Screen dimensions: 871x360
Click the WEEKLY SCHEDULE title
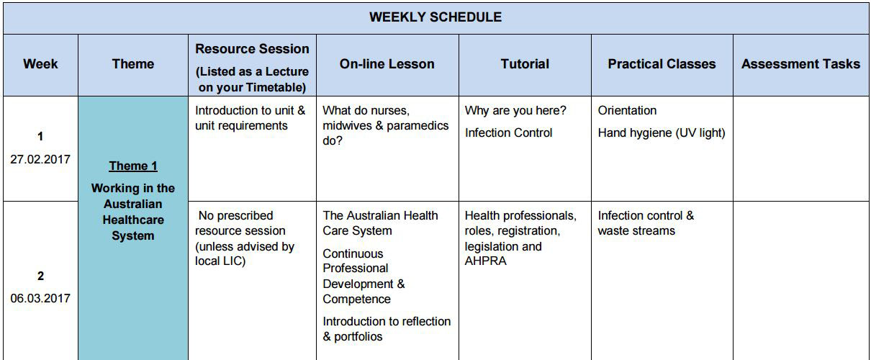tap(435, 17)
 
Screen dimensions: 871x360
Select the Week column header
tap(40, 64)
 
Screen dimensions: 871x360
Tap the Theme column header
tap(133, 64)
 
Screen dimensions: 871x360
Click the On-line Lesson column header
tap(387, 64)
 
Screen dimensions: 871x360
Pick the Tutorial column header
tap(525, 64)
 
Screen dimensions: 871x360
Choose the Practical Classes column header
tap(662, 64)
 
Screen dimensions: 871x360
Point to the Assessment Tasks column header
tap(800, 64)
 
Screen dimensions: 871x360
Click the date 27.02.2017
tap(40, 159)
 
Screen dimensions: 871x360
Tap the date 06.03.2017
tap(40, 299)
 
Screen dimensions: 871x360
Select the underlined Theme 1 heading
tap(133, 166)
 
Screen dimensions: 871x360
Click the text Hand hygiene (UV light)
tap(662, 133)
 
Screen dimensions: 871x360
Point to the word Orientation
tap(627, 110)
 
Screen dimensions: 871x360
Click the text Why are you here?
tap(515, 110)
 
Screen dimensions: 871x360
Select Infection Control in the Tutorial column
tap(508, 133)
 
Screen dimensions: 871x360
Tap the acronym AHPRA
tap(485, 261)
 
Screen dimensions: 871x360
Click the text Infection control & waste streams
tap(646, 223)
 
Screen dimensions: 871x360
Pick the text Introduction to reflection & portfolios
tap(387, 329)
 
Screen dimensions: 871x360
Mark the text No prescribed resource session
tap(240, 223)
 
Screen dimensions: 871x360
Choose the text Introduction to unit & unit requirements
tap(250, 118)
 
